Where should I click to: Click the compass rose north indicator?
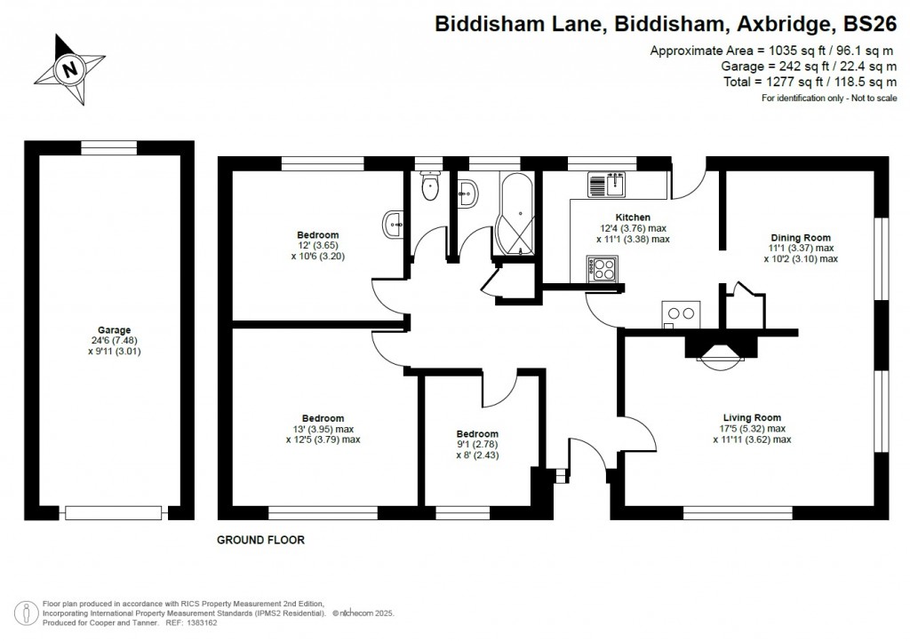click(x=68, y=67)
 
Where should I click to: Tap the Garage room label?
click(x=108, y=329)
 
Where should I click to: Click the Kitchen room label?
click(x=633, y=218)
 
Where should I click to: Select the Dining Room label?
click(x=800, y=237)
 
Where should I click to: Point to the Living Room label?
click(x=751, y=417)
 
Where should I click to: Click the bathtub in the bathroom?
click(x=513, y=213)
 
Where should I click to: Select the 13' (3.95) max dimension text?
click(x=323, y=429)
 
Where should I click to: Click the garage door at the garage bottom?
click(x=114, y=512)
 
